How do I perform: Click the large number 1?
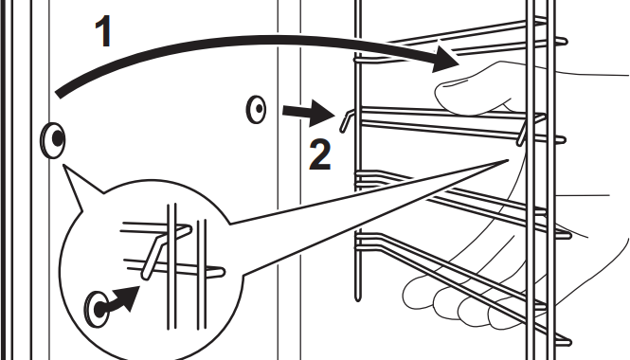104,31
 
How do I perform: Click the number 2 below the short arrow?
320,154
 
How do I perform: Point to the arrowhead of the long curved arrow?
446,59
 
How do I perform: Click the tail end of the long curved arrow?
59,94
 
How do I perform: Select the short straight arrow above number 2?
309,113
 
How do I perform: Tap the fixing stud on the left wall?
53,140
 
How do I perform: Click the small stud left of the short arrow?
256,109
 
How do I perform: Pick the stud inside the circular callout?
97,310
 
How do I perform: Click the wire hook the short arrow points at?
346,121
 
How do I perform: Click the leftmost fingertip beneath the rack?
417,296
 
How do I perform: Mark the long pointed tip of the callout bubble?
508,160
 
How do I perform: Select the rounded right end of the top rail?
564,41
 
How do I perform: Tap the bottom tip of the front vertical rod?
357,299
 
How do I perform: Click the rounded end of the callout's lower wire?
220,273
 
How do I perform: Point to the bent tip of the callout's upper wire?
188,229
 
